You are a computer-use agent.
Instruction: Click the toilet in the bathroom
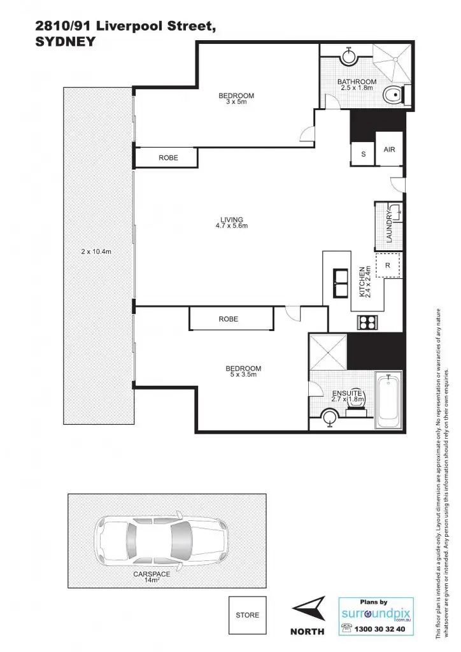(393, 96)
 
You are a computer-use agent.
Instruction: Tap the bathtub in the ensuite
(388, 400)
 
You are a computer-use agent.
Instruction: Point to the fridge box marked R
(388, 264)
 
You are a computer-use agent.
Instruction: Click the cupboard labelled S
(363, 154)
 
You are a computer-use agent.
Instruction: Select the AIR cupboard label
(389, 150)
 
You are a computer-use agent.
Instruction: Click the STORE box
(247, 615)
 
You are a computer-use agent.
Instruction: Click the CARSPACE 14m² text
(150, 576)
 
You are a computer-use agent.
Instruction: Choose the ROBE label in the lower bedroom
(228, 319)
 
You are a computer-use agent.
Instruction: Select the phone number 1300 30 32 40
(382, 628)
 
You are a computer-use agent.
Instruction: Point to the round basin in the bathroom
(348, 57)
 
